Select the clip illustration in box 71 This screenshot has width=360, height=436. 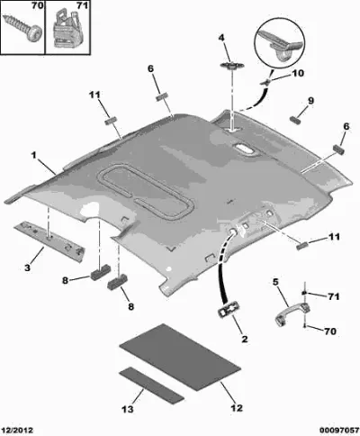point(68,28)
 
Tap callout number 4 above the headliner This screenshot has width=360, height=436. point(221,38)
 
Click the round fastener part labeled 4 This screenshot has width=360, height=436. point(232,66)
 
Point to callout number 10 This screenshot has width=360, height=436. point(298,73)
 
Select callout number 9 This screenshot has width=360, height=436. point(310,101)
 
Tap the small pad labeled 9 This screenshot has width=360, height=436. point(296,121)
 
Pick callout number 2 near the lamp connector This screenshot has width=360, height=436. point(245,340)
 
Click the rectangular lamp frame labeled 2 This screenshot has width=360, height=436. point(229,309)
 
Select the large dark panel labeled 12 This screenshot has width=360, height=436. point(180,357)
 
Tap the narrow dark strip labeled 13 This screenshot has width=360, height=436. point(151,385)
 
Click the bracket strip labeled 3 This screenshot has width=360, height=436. point(49,241)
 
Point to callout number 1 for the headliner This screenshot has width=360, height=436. point(34,156)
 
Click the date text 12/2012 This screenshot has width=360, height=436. point(16,431)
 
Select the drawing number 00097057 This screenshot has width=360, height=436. point(339,431)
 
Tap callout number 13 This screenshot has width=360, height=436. point(128,409)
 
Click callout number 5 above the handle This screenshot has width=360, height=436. point(275,282)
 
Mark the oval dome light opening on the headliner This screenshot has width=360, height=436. point(243,148)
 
